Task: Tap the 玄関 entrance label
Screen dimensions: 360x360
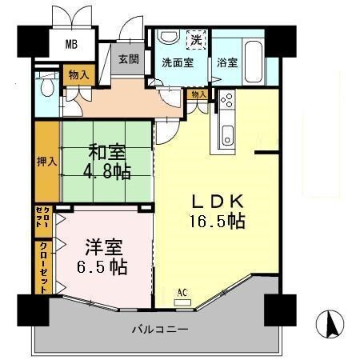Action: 129,58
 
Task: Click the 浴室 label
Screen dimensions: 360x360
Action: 227,62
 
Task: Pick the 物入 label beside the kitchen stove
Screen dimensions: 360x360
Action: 199,94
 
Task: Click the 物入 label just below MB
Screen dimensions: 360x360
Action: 78,74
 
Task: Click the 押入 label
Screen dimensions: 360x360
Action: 46,161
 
